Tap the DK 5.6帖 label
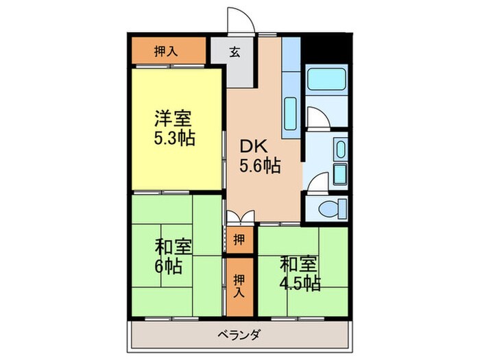point(259,156)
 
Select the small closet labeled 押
point(237,239)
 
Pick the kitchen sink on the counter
point(289,110)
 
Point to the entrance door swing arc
point(242,21)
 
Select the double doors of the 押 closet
point(239,217)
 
